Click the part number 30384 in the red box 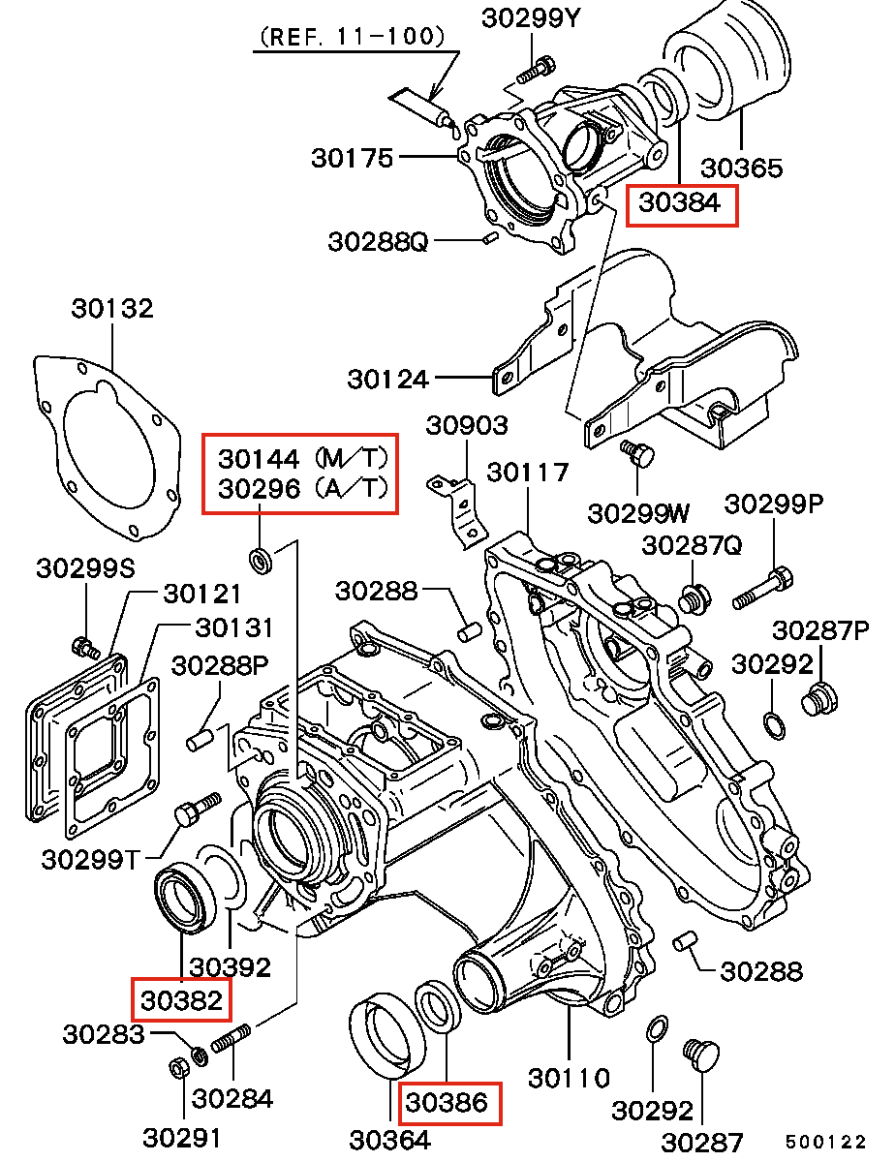tap(682, 203)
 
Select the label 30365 tap(741, 168)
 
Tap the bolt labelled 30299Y tap(535, 70)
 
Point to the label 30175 tap(352, 157)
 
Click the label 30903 tap(468, 425)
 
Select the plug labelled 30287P tap(818, 698)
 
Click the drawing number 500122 tap(825, 1144)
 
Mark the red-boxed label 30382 tap(182, 998)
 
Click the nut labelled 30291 tap(178, 1067)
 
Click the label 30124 tap(387, 378)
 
